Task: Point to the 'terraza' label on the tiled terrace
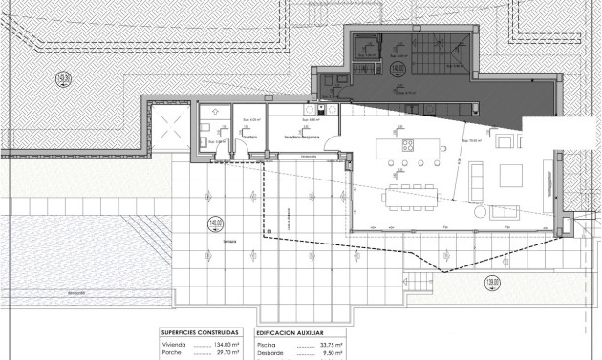pos(230,243)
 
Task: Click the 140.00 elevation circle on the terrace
pos(213,225)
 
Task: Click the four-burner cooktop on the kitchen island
pos(408,146)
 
